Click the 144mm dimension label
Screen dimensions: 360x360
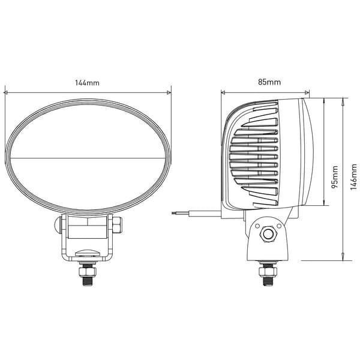tap(88, 83)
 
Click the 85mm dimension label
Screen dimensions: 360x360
tap(269, 82)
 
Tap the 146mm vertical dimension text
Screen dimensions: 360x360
tap(354, 177)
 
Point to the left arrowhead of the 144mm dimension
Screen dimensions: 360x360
tap(5, 93)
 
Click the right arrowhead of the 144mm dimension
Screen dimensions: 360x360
tap(169, 92)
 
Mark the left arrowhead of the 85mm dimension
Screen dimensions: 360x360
tap(223, 92)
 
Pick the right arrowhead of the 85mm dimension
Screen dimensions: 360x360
tap(307, 92)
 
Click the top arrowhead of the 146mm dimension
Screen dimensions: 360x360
tap(343, 101)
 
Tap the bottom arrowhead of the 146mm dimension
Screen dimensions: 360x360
tap(343, 257)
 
